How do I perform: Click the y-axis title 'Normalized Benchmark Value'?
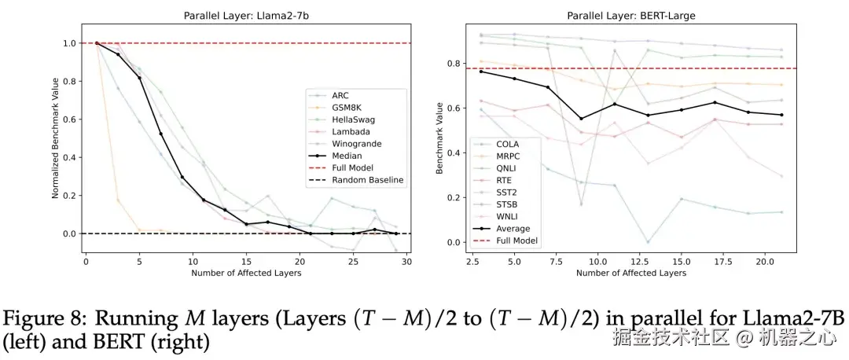point(56,138)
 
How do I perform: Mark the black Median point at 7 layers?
point(161,134)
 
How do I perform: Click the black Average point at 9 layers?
point(581,119)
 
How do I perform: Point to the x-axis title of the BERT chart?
point(630,274)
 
